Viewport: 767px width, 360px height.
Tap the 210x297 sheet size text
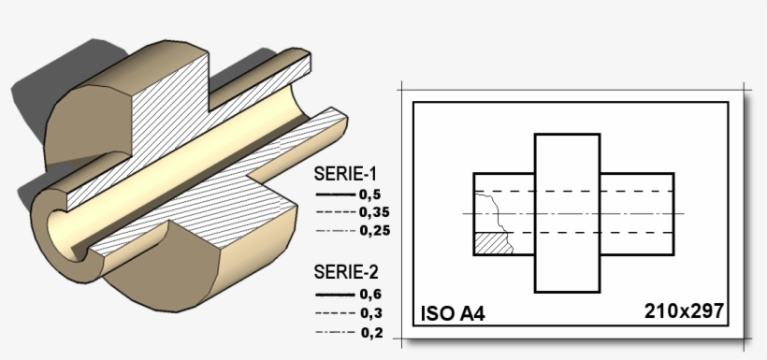[x=684, y=310]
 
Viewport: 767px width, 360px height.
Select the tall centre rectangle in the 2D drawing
[x=567, y=212]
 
